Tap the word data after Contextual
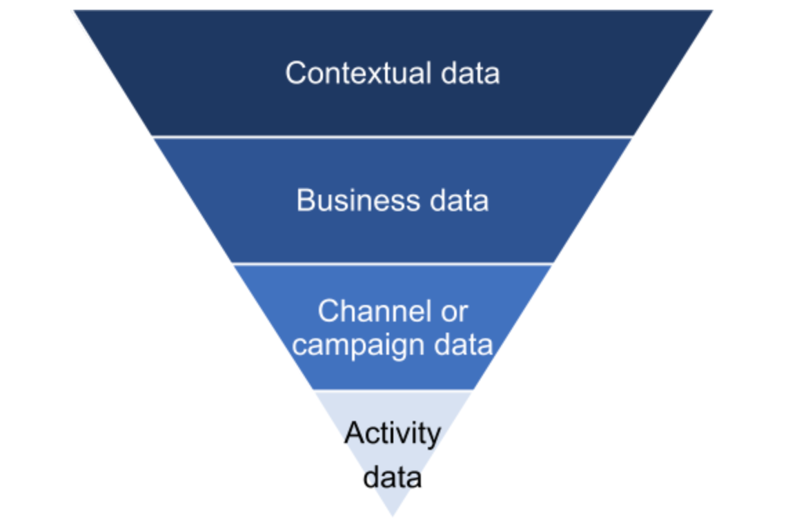click(x=471, y=73)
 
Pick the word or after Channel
click(x=453, y=312)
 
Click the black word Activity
click(x=392, y=434)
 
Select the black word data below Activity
click(x=392, y=477)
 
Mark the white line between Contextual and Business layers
click(x=392, y=137)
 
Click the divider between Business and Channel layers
click(x=392, y=264)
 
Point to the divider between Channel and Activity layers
click(x=393, y=391)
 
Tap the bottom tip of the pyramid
click(x=393, y=514)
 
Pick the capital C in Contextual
click(x=295, y=73)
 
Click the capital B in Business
click(x=305, y=201)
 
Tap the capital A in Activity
click(x=353, y=434)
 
